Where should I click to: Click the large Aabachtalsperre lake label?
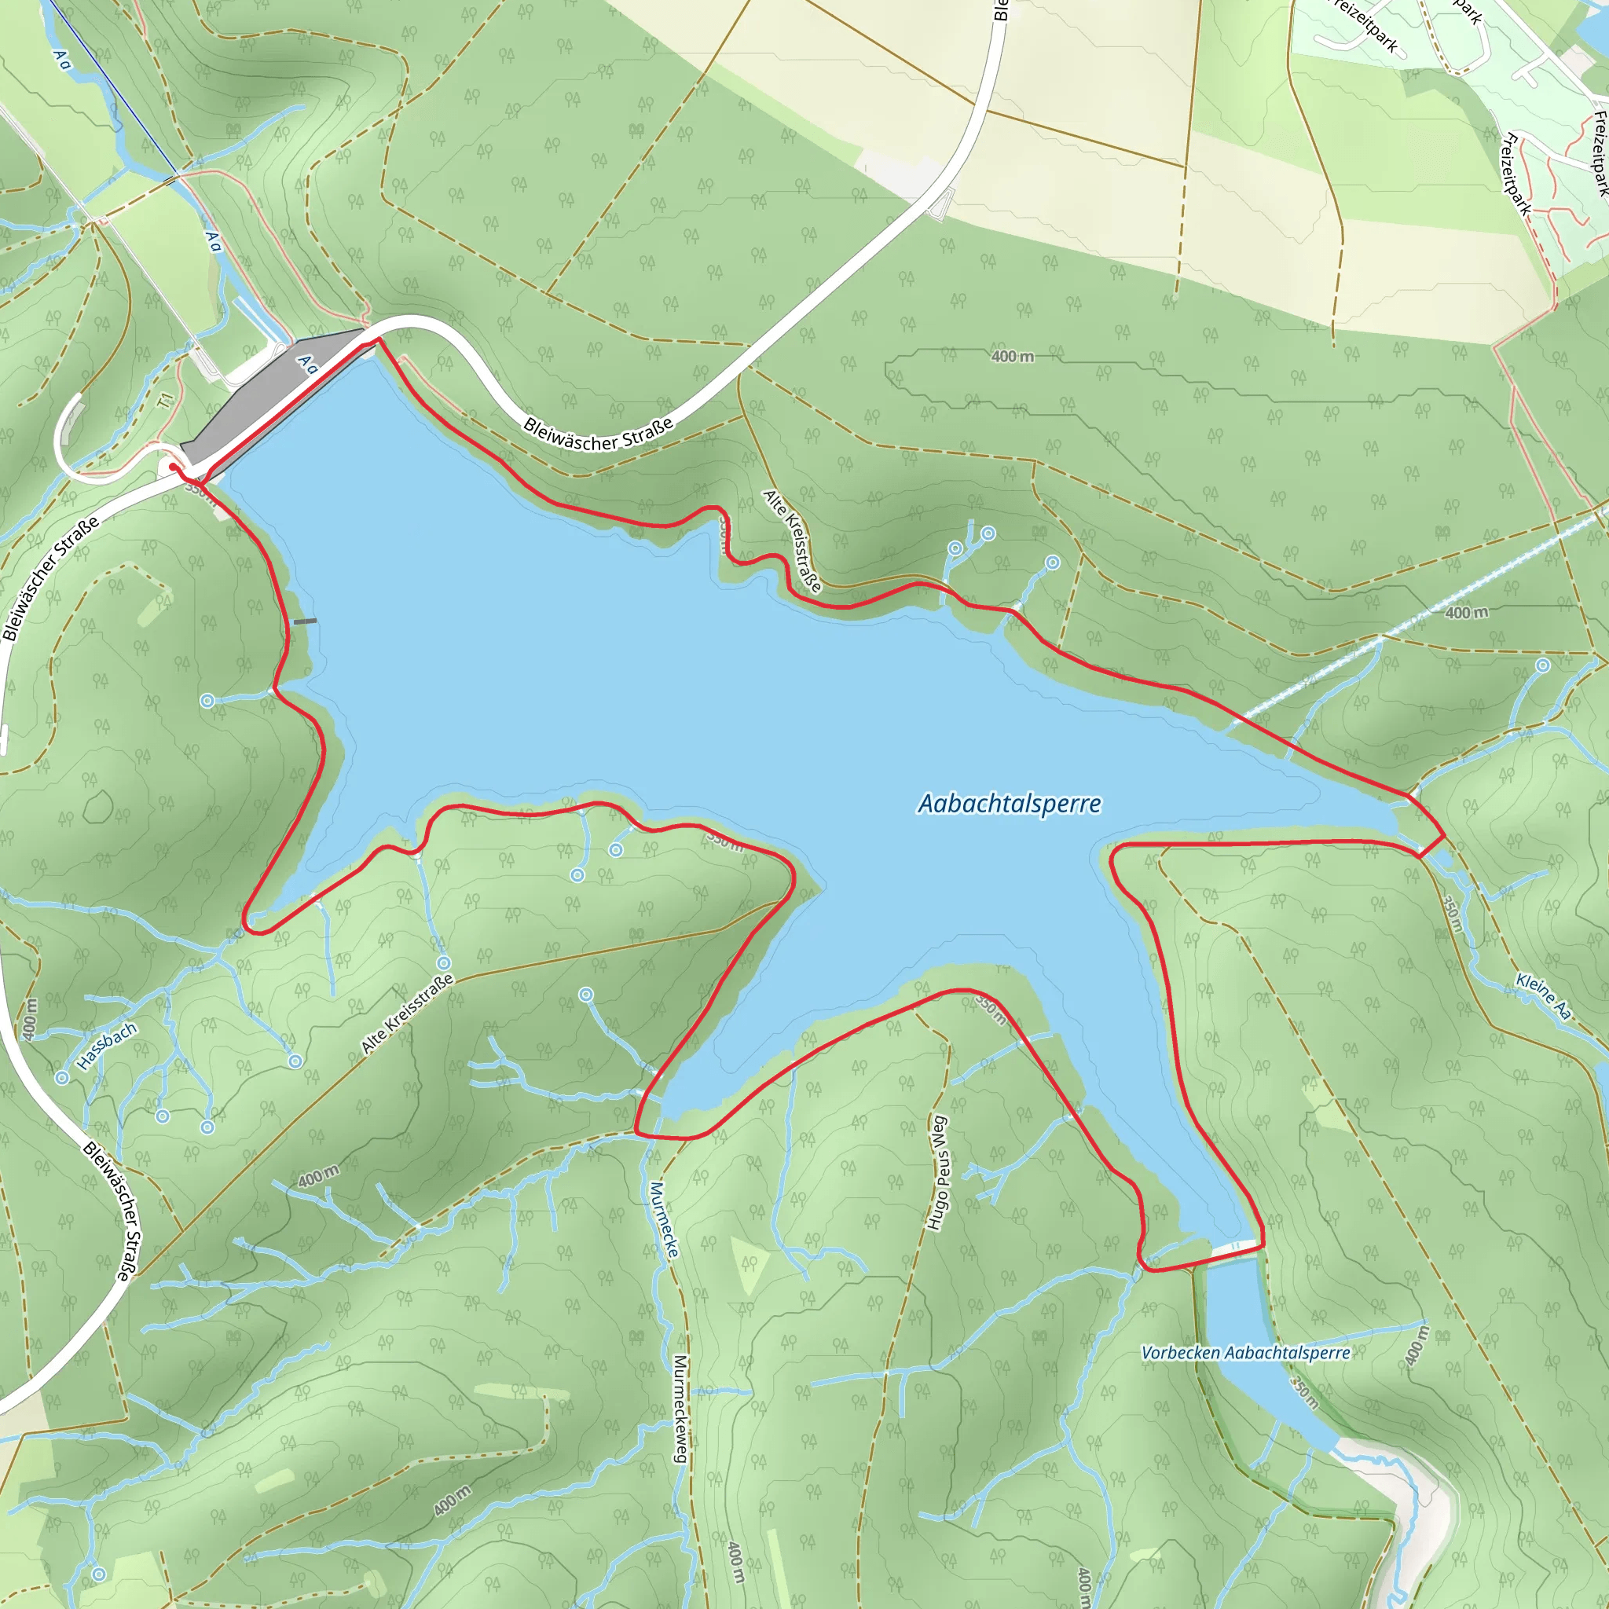1009,804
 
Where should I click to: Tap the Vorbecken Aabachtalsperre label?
1245,1353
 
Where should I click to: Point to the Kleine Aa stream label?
1543,996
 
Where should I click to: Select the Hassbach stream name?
107,1046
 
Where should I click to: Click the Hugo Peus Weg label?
938,1174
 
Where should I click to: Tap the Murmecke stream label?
664,1219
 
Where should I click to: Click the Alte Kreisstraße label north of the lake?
792,541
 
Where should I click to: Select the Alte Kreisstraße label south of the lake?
408,1013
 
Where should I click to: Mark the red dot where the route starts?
173,467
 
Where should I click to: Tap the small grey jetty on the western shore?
305,621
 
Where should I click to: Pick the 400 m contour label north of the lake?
1013,357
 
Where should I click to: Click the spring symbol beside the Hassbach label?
63,1078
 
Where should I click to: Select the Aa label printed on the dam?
307,365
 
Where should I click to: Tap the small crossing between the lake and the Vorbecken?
1236,1247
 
